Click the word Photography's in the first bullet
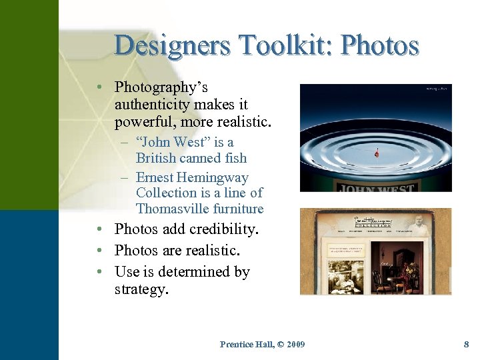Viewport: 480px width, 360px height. (x=161, y=87)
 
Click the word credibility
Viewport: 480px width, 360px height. (x=224, y=229)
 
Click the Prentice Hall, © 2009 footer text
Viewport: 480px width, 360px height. (x=262, y=344)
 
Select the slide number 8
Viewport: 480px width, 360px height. (x=466, y=344)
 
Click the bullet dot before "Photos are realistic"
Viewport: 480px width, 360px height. (x=98, y=251)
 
